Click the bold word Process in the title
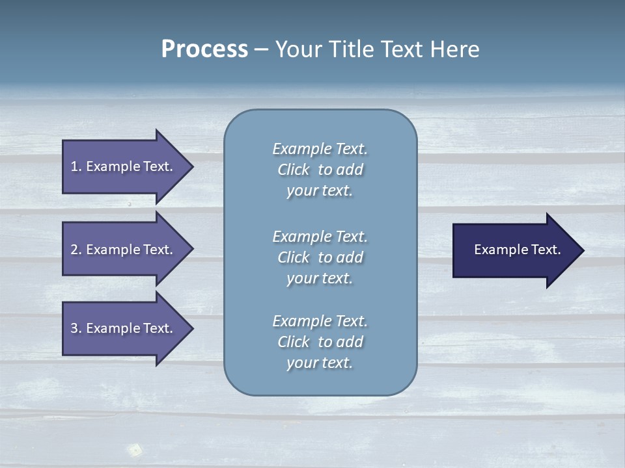(204, 49)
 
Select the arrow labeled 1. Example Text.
(124, 166)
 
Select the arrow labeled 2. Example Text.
(124, 250)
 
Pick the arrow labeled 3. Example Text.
(124, 328)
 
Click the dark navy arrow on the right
(514, 250)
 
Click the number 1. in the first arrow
(76, 166)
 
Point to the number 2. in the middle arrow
(76, 250)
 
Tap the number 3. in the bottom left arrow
(76, 328)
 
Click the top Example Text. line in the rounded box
(320, 149)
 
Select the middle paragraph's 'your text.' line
(320, 278)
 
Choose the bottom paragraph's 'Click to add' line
(320, 342)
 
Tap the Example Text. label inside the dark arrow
(518, 250)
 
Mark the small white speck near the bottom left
(135, 448)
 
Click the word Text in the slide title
(401, 49)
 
